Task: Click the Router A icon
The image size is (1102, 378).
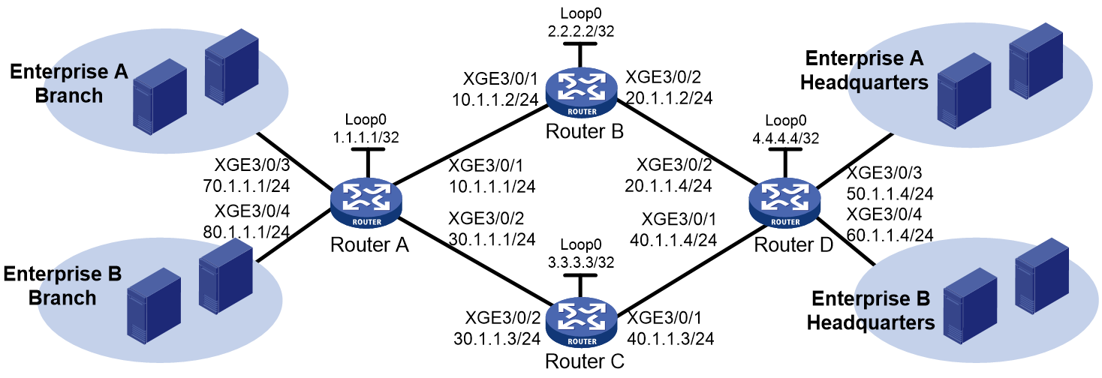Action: (366, 202)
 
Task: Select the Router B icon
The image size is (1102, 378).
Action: (581, 92)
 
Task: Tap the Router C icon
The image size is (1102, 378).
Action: (581, 322)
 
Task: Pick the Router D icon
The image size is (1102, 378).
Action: (784, 202)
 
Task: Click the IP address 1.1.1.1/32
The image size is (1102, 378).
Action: (366, 138)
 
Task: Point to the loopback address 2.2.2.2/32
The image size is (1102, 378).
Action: (581, 31)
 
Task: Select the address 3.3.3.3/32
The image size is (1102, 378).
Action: (581, 262)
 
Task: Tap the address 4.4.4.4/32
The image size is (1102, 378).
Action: (786, 139)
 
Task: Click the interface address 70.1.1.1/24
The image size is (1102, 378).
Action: (246, 186)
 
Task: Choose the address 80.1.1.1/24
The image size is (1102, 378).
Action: (246, 232)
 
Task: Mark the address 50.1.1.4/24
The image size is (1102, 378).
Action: (890, 193)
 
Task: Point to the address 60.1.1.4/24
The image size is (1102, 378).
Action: (890, 235)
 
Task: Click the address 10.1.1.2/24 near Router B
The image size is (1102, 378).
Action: (495, 100)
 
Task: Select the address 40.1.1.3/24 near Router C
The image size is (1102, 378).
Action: (670, 339)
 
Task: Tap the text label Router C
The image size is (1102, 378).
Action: (585, 361)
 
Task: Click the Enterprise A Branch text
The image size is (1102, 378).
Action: (69, 83)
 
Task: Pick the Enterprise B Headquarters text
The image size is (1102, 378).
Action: (871, 310)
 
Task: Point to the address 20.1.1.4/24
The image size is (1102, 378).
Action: (669, 186)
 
